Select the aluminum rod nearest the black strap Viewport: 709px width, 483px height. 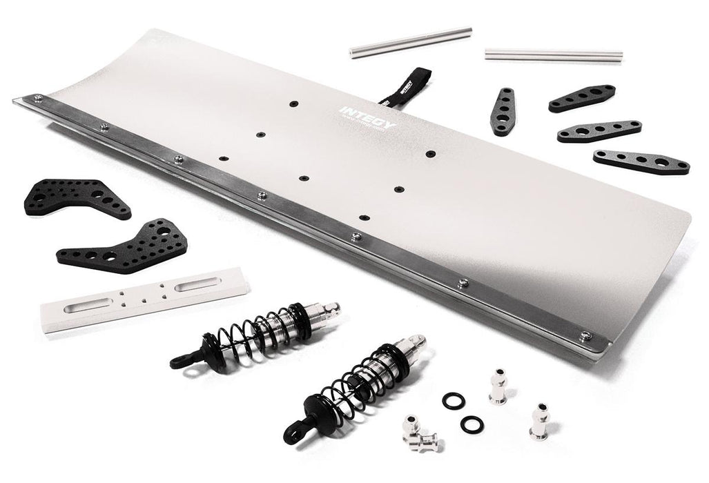click(410, 42)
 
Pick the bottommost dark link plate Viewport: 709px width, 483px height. click(641, 161)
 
